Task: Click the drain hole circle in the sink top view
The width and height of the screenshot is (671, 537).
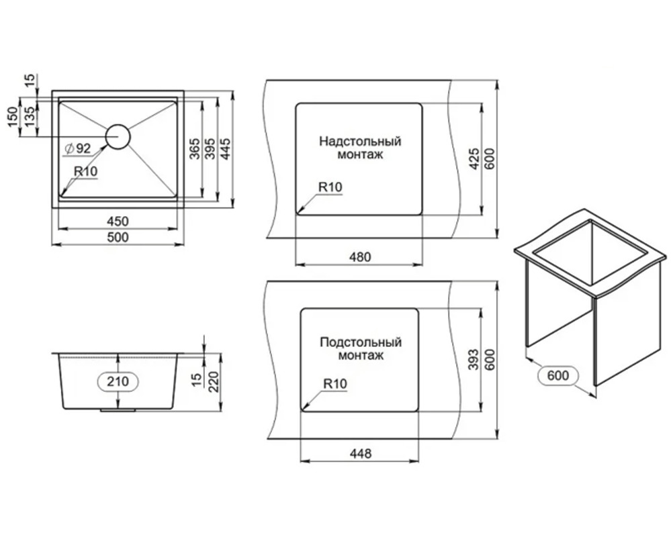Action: click(118, 137)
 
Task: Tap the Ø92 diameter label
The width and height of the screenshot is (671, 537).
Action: click(77, 148)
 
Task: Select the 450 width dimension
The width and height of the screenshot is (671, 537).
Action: click(118, 221)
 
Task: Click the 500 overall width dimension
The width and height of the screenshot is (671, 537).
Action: click(118, 237)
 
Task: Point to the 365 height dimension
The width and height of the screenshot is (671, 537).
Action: click(195, 148)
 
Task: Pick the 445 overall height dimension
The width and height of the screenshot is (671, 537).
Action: click(225, 148)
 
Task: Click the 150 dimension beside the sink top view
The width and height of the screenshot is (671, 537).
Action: click(13, 117)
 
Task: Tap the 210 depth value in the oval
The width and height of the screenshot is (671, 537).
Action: click(118, 381)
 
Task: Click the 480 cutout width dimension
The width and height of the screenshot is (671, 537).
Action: click(360, 257)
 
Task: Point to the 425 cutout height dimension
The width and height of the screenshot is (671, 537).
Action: click(474, 158)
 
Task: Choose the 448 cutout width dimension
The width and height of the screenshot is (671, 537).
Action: click(360, 454)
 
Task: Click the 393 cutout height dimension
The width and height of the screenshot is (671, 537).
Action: click(474, 360)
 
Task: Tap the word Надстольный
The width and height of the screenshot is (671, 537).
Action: click(360, 141)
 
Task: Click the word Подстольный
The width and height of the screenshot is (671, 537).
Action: click(361, 342)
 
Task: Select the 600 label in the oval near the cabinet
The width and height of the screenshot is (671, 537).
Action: click(558, 375)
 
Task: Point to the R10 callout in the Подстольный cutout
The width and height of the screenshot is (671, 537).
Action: click(335, 383)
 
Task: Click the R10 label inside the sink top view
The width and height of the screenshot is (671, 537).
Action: click(85, 171)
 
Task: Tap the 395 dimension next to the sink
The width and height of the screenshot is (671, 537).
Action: click(210, 148)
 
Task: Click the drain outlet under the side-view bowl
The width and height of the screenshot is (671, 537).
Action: click(118, 410)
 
